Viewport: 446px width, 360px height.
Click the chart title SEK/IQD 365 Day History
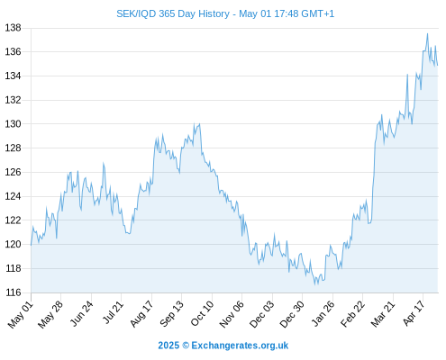pyautogui.click(x=173, y=13)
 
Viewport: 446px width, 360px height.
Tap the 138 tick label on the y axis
pyautogui.click(x=14, y=28)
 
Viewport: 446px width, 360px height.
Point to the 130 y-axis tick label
pyautogui.click(x=14, y=124)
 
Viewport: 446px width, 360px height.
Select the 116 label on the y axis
pyautogui.click(x=14, y=292)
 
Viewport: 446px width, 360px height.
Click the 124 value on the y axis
pyautogui.click(x=14, y=196)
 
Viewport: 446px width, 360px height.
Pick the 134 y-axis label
pyautogui.click(x=14, y=76)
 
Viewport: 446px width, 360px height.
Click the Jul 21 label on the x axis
pyautogui.click(x=113, y=313)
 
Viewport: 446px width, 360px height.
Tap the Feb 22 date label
pyautogui.click(x=352, y=314)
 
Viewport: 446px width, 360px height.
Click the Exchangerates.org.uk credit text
pyautogui.click(x=240, y=346)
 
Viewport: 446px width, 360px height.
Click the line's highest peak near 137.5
pyautogui.click(x=427, y=33)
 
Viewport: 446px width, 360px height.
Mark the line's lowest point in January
pyautogui.click(x=315, y=284)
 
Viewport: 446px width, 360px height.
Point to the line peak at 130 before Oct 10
pyautogui.click(x=199, y=124)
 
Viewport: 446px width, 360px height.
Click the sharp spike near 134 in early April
pyautogui.click(x=407, y=74)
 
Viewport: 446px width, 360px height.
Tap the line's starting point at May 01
pyautogui.click(x=31, y=245)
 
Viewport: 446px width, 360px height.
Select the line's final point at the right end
pyautogui.click(x=438, y=65)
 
